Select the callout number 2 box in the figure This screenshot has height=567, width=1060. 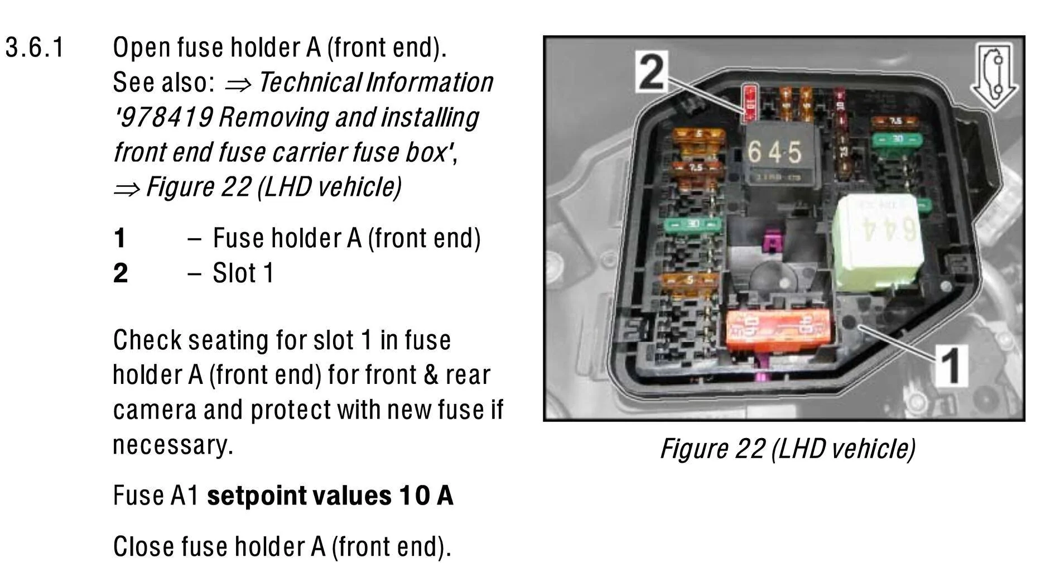click(652, 72)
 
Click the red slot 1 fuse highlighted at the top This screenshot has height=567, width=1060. click(750, 103)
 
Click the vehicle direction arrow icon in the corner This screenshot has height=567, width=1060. click(995, 76)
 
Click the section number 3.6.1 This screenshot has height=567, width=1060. click(35, 48)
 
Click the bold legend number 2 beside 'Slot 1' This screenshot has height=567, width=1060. click(121, 273)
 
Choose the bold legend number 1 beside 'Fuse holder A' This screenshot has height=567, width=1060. click(119, 238)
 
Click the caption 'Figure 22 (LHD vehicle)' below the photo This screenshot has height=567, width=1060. click(787, 449)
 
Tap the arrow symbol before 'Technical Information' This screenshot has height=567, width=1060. click(238, 84)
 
